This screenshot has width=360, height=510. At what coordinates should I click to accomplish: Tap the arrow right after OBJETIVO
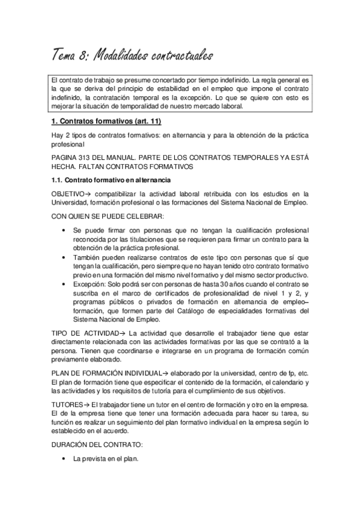[87, 193]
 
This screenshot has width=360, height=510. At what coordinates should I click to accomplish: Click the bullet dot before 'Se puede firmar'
[64, 231]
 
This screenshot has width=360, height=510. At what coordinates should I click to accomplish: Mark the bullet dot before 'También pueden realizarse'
[64, 257]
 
